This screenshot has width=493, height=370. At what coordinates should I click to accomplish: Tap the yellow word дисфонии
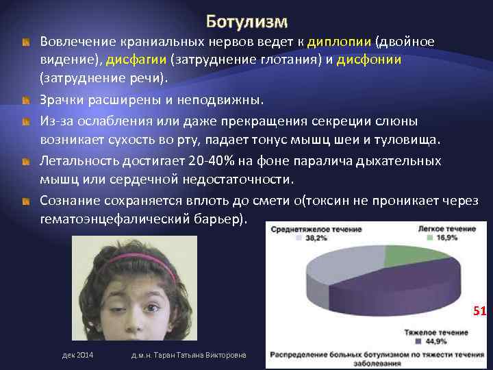tap(372, 60)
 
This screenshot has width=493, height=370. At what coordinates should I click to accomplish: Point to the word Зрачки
tap(60, 101)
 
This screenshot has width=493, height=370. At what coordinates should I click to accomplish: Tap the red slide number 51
tap(478, 312)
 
